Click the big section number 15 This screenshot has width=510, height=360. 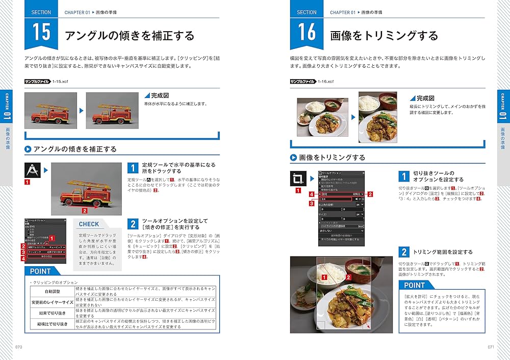(x=41, y=32)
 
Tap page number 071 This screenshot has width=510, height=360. (x=491, y=347)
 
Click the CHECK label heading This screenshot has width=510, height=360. (x=89, y=224)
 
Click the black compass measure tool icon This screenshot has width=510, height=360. (x=34, y=170)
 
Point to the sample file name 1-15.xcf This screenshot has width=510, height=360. (x=61, y=82)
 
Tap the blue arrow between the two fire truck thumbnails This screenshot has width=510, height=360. (x=81, y=110)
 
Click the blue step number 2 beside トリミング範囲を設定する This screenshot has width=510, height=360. (x=404, y=252)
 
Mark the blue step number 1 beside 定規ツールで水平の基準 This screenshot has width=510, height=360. (x=133, y=168)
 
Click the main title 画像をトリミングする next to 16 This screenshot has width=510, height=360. (x=384, y=36)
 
